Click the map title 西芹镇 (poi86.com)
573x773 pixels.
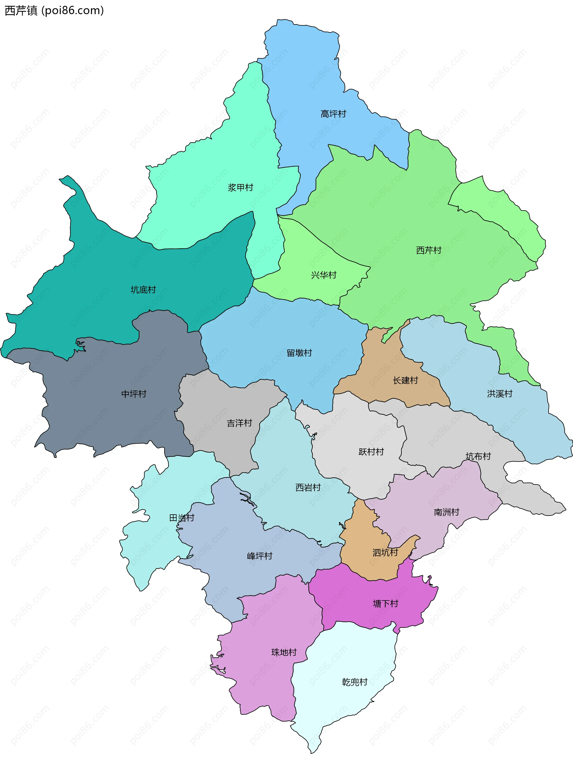(x=54, y=11)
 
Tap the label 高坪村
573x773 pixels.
(x=333, y=114)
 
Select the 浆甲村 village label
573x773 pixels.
(x=240, y=188)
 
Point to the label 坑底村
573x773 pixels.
(x=143, y=290)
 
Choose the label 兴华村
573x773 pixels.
(x=324, y=275)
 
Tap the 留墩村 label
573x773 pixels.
(x=299, y=353)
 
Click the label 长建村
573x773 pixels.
(x=405, y=381)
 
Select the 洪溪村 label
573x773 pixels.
(x=500, y=394)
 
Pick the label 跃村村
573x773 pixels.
(x=371, y=452)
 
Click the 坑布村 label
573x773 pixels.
(x=478, y=456)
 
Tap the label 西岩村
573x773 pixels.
(x=308, y=487)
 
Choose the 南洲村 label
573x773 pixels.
(x=446, y=512)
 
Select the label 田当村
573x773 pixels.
(x=181, y=518)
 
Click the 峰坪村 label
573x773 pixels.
(x=259, y=556)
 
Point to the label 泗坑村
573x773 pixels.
(x=385, y=553)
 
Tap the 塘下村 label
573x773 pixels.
(x=385, y=604)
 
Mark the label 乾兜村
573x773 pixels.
(x=355, y=682)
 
